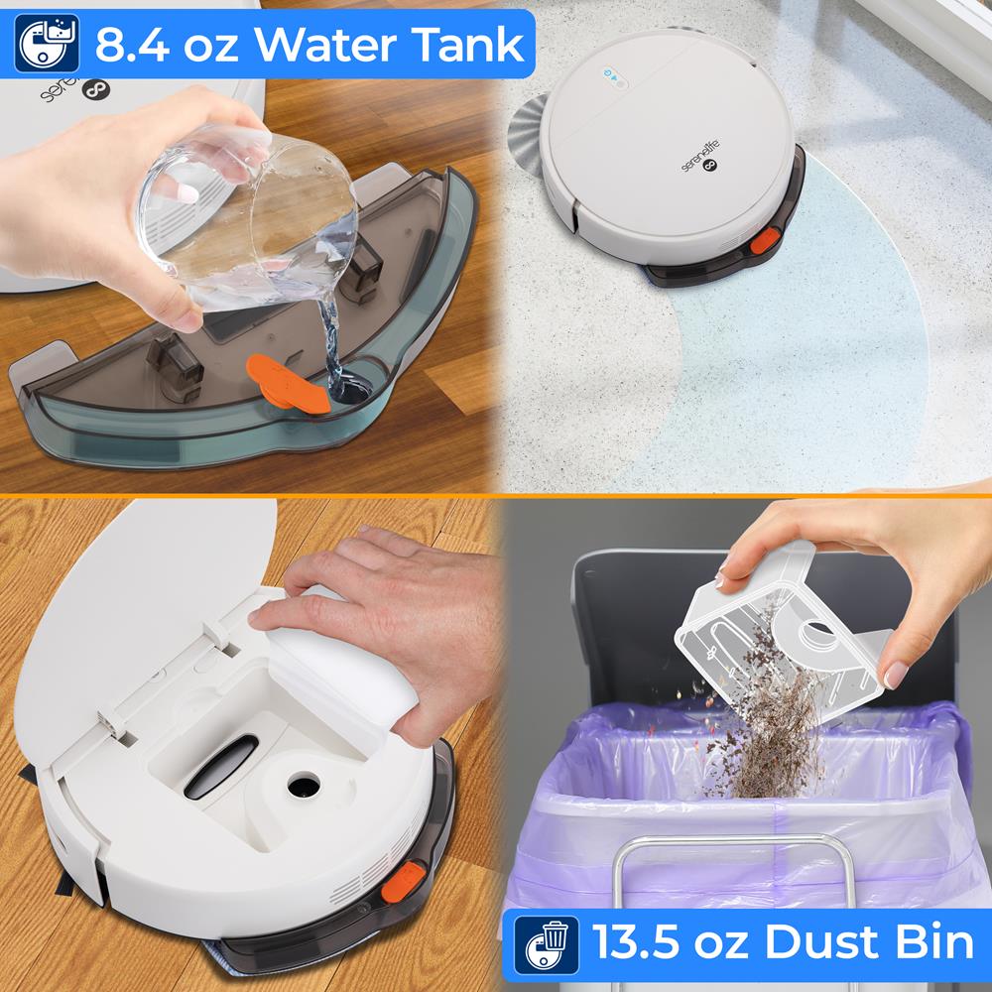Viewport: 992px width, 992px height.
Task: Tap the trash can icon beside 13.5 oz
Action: [547, 942]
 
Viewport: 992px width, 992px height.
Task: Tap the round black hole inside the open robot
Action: [302, 785]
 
